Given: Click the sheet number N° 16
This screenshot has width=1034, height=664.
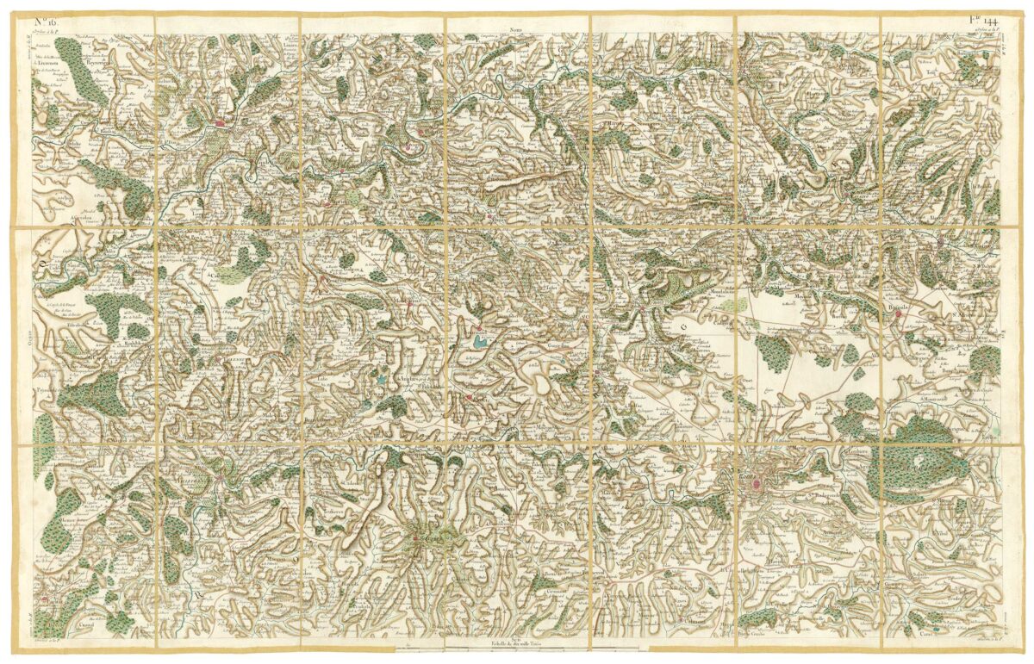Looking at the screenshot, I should coord(45,20).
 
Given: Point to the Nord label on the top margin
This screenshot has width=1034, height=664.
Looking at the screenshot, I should coord(516,28).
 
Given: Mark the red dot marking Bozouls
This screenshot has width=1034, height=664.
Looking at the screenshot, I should coord(898,314).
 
